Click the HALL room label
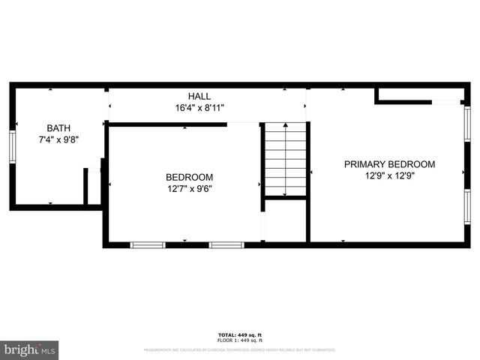pyautogui.click(x=199, y=97)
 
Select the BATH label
pyautogui.click(x=58, y=128)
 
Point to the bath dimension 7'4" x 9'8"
pyautogui.click(x=58, y=139)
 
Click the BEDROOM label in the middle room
pyautogui.click(x=189, y=177)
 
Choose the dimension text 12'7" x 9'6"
pyautogui.click(x=189, y=189)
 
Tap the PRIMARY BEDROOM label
pyautogui.click(x=389, y=164)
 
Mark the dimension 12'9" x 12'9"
pyautogui.click(x=389, y=175)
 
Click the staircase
pyautogui.click(x=285, y=159)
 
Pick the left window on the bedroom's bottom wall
pyautogui.click(x=148, y=244)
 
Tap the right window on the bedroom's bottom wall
pyautogui.click(x=226, y=244)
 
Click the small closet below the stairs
pyautogui.click(x=285, y=220)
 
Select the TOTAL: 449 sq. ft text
pyautogui.click(x=240, y=334)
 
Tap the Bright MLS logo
pyautogui.click(x=30, y=349)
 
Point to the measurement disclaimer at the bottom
pyautogui.click(x=240, y=349)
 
